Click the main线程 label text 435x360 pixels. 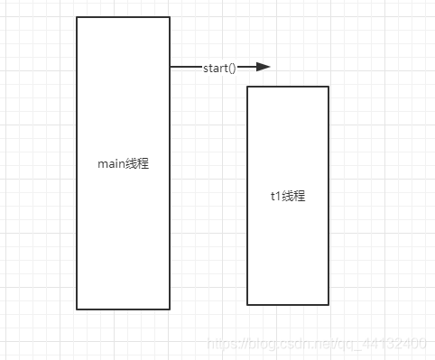point(123,164)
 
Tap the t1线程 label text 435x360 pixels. point(288,196)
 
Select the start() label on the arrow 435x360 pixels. point(219,68)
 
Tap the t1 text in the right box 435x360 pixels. point(275,196)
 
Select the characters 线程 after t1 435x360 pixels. point(294,196)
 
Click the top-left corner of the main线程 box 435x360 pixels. point(77,17)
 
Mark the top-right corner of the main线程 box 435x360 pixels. point(170,17)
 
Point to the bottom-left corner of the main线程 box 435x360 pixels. point(77,309)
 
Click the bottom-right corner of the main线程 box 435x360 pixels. point(170,309)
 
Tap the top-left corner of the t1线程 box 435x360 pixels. point(247,87)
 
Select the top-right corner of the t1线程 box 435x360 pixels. point(329,87)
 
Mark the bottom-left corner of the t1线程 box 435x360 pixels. point(247,305)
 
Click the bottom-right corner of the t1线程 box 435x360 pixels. point(329,305)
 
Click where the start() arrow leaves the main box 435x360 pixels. point(171,67)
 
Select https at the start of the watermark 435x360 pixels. point(220,344)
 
